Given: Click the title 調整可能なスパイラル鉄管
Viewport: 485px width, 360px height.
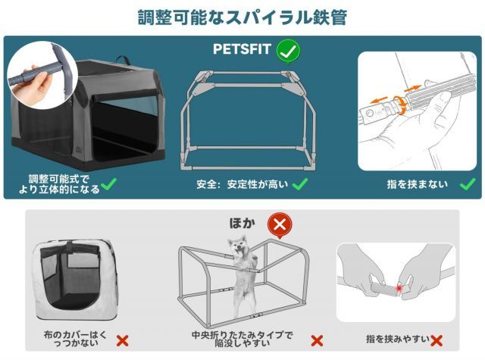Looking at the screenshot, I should [242, 17].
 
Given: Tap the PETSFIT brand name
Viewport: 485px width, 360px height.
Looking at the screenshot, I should [241, 52].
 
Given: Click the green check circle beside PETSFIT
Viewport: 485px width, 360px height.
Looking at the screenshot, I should [287, 52].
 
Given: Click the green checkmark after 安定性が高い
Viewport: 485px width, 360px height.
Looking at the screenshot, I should [300, 183].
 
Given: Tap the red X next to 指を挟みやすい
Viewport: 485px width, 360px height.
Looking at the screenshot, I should [436, 341].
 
